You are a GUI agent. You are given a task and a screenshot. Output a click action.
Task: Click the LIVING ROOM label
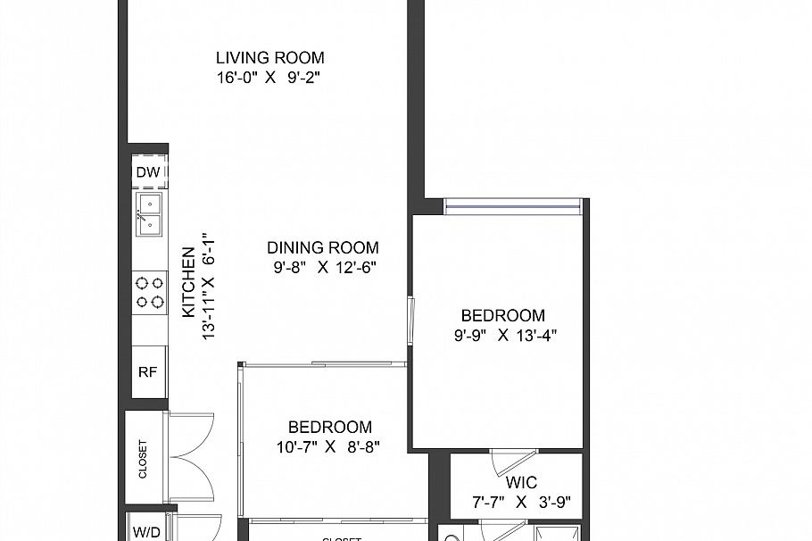point(269,58)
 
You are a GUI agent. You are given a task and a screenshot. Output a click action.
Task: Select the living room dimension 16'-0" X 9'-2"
point(268,78)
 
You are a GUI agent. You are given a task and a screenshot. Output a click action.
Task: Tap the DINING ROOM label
point(323,248)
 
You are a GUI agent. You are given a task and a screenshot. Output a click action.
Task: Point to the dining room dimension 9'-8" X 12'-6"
point(323,267)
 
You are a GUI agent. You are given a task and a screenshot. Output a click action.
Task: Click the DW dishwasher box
point(148,172)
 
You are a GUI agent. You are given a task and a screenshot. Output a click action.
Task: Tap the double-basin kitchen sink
point(149,214)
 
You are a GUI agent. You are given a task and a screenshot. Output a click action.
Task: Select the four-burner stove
point(149,293)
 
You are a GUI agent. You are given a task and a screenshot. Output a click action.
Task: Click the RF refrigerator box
point(148,372)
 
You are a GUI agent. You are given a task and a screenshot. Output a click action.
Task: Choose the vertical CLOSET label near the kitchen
point(143,458)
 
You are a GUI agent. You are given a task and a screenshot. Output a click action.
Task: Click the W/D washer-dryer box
point(147,531)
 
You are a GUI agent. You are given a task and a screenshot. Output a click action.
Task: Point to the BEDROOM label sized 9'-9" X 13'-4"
point(502,315)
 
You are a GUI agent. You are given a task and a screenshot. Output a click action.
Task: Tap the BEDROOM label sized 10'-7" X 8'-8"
point(329,428)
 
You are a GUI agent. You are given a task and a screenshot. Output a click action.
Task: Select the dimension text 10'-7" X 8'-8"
point(329,447)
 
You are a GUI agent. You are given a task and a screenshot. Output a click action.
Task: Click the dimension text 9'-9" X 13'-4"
point(505,336)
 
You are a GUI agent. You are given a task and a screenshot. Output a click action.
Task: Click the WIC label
point(520,483)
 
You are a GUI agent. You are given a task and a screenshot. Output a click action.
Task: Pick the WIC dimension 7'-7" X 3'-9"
point(520,503)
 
